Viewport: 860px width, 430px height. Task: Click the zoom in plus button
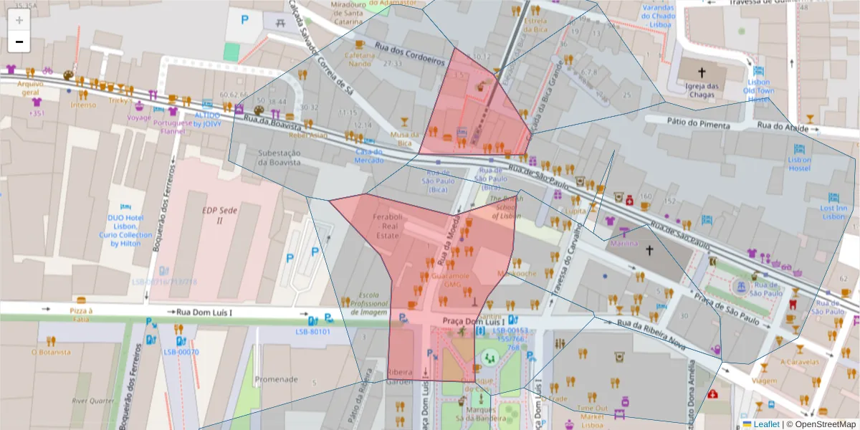(x=19, y=20)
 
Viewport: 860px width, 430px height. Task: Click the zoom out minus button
(x=19, y=42)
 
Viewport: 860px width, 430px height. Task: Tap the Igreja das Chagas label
(x=702, y=92)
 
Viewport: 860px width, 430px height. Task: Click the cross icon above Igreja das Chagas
(x=702, y=72)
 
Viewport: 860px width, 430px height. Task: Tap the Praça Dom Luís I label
(x=470, y=321)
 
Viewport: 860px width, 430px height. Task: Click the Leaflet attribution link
(x=765, y=424)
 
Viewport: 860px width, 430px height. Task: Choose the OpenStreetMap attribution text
(x=821, y=424)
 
